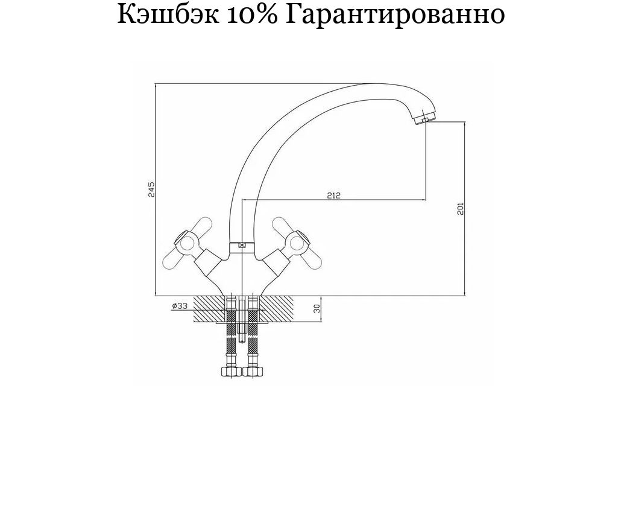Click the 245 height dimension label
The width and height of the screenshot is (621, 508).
point(151,189)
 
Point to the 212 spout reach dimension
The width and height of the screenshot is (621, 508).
point(334,195)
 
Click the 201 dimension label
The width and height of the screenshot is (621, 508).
point(460,208)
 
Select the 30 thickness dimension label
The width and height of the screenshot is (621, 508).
point(317,309)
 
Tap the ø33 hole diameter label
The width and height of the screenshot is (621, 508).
point(180,305)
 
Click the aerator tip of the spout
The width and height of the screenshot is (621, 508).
point(424,119)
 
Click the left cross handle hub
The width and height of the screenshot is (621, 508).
point(184,241)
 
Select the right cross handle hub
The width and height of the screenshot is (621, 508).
point(297,241)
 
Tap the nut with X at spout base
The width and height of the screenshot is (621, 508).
point(242,246)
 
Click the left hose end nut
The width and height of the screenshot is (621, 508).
point(230,371)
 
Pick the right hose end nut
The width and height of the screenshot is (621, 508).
point(253,371)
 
